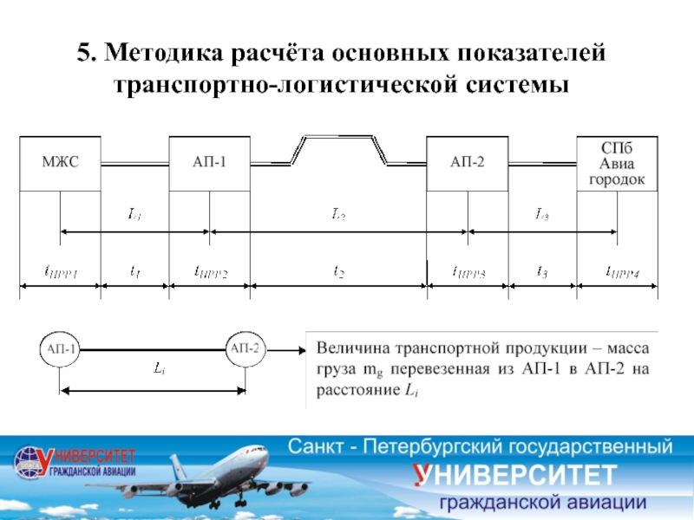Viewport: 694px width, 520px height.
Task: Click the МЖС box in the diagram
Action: click(60, 163)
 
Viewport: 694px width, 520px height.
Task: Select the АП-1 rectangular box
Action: click(210, 163)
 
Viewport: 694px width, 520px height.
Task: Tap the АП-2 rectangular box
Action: click(468, 163)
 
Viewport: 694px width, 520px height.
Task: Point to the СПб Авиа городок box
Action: click(617, 163)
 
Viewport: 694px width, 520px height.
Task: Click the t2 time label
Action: click(338, 272)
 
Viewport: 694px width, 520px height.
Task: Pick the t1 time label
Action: click(134, 272)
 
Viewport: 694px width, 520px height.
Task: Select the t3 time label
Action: click(542, 272)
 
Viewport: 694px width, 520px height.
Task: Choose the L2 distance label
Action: click(338, 213)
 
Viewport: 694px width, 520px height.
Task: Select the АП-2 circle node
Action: click(246, 349)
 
